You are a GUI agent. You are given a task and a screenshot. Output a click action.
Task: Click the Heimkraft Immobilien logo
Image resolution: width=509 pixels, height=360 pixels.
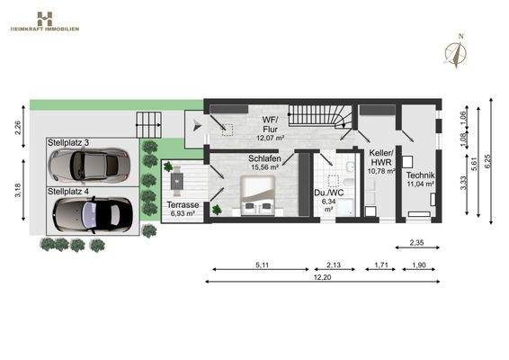tap(44, 21)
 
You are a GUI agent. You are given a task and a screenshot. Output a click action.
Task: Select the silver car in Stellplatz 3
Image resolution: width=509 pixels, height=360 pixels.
tap(87, 165)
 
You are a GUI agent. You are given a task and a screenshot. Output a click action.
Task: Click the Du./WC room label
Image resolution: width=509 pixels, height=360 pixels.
tap(326, 199)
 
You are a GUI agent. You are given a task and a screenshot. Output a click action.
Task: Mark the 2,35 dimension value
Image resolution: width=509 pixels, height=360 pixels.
tap(416, 242)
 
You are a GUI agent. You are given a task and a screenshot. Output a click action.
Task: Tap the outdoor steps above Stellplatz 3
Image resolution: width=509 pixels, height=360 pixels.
tap(147, 122)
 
